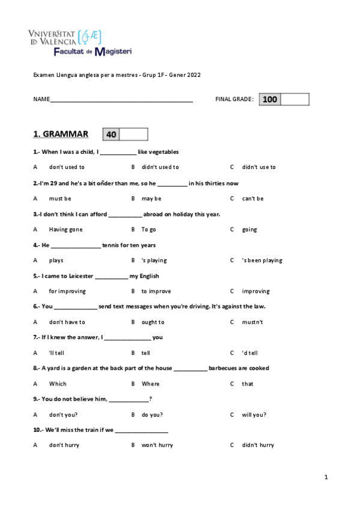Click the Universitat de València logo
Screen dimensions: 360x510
click(x=63, y=38)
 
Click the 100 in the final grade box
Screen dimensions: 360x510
click(x=270, y=100)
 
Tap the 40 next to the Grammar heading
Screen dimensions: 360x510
click(x=111, y=135)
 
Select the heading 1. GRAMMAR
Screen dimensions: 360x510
click(x=60, y=134)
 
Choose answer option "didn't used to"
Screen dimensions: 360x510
click(x=160, y=167)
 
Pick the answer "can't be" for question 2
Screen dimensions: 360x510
click(x=252, y=198)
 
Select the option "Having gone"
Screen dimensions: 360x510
click(x=66, y=229)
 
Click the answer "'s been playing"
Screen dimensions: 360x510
click(x=261, y=260)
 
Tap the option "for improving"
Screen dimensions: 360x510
click(x=67, y=291)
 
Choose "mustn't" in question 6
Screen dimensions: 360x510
click(x=252, y=322)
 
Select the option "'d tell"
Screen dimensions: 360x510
click(x=249, y=353)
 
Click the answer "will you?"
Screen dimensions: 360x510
click(x=254, y=414)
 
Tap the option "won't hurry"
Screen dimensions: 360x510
click(x=157, y=445)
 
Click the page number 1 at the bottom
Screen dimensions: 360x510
click(x=326, y=478)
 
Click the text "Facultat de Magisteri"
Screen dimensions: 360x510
click(x=93, y=52)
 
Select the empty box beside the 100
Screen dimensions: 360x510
click(x=294, y=100)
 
